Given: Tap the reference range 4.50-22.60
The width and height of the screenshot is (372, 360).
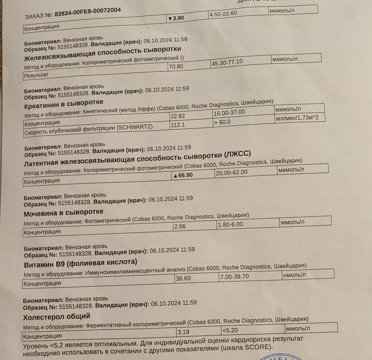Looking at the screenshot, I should [223, 15].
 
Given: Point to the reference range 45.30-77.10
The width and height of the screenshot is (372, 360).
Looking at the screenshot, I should [227, 62].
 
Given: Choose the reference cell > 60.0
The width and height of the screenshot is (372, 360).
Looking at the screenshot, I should [222, 122].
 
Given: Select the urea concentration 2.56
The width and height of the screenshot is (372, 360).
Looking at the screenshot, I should [180, 226].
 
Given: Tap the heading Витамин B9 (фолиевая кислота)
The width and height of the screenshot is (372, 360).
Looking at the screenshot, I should [80, 263].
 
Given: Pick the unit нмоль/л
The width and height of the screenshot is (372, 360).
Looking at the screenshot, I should [295, 275].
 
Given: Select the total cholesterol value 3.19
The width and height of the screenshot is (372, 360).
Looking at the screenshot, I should [183, 332].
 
